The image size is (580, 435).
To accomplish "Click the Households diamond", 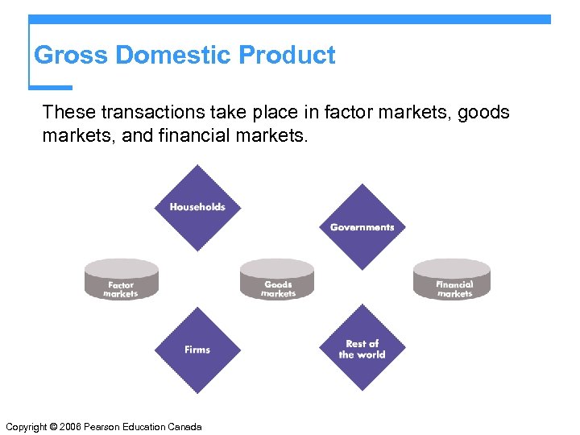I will [x=197, y=207].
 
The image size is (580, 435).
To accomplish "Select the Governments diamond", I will [x=362, y=226].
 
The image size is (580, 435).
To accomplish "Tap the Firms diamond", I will [x=197, y=350].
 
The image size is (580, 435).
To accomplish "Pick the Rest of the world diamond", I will [x=362, y=348].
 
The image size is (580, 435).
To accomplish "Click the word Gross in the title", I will [x=72, y=56].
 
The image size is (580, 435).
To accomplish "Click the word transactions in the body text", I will [x=136, y=112].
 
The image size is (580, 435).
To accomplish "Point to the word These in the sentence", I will [x=65, y=112].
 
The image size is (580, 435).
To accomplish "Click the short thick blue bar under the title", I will [x=51, y=87].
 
